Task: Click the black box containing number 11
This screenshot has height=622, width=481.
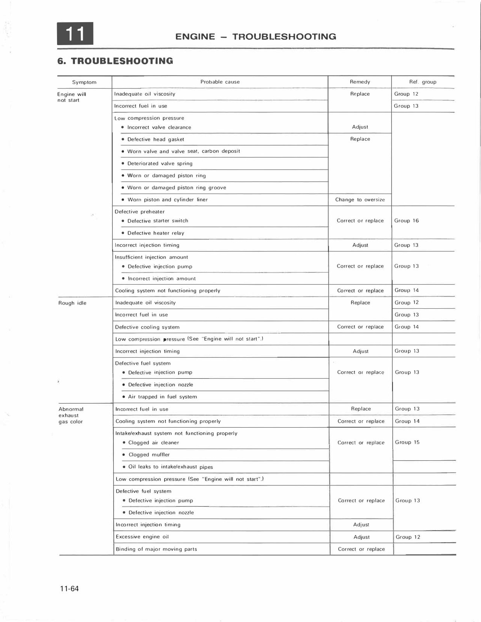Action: click(75, 34)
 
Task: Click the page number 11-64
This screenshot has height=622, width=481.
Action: click(69, 589)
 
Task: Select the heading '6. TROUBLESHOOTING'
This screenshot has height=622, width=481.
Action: click(115, 61)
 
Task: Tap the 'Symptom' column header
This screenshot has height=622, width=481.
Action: click(84, 82)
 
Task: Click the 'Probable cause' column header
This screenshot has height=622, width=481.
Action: click(220, 82)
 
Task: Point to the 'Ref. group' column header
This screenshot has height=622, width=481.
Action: click(422, 82)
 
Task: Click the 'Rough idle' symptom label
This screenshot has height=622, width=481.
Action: click(72, 303)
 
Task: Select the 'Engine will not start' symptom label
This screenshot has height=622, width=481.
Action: click(71, 97)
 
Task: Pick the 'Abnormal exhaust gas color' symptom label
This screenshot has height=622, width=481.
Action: click(71, 415)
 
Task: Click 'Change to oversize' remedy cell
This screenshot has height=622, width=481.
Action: click(360, 200)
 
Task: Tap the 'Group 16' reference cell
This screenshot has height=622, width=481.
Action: click(406, 221)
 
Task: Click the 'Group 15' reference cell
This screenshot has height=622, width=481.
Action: click(407, 442)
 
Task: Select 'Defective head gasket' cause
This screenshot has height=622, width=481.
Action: click(156, 140)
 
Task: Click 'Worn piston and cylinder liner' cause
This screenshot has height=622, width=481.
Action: click(167, 200)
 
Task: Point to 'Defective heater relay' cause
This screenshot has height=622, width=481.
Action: click(156, 233)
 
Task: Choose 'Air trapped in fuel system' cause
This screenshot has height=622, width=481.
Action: click(162, 397)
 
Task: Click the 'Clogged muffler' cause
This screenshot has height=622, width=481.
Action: click(149, 455)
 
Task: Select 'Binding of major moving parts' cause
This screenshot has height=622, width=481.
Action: click(156, 549)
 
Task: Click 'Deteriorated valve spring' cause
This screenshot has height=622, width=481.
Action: click(160, 164)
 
